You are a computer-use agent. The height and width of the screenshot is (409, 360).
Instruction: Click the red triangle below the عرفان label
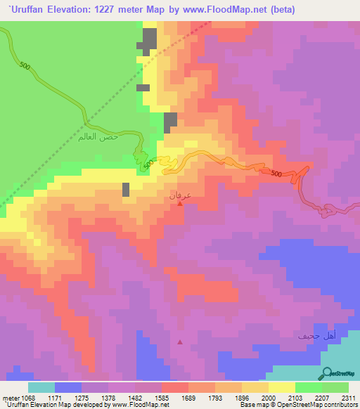click(181, 204)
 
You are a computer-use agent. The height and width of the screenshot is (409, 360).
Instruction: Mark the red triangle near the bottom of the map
click(181, 342)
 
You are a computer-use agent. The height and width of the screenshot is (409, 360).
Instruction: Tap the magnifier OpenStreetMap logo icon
click(327, 374)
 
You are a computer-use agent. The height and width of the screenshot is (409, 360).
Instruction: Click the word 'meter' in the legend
click(11, 398)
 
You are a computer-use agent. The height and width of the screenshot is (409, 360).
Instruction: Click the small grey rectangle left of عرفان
click(126, 189)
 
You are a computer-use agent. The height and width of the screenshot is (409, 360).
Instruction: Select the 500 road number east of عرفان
click(276, 174)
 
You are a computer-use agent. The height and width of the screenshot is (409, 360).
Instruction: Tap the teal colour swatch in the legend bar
click(41, 387)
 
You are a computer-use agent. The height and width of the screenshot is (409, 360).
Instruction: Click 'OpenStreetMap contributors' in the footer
click(320, 405)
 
